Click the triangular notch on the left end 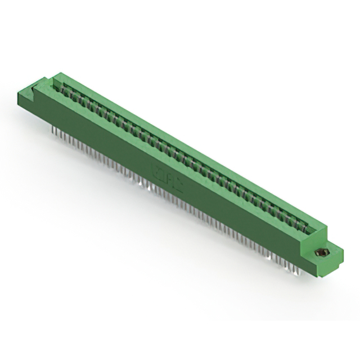tap(34, 85)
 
